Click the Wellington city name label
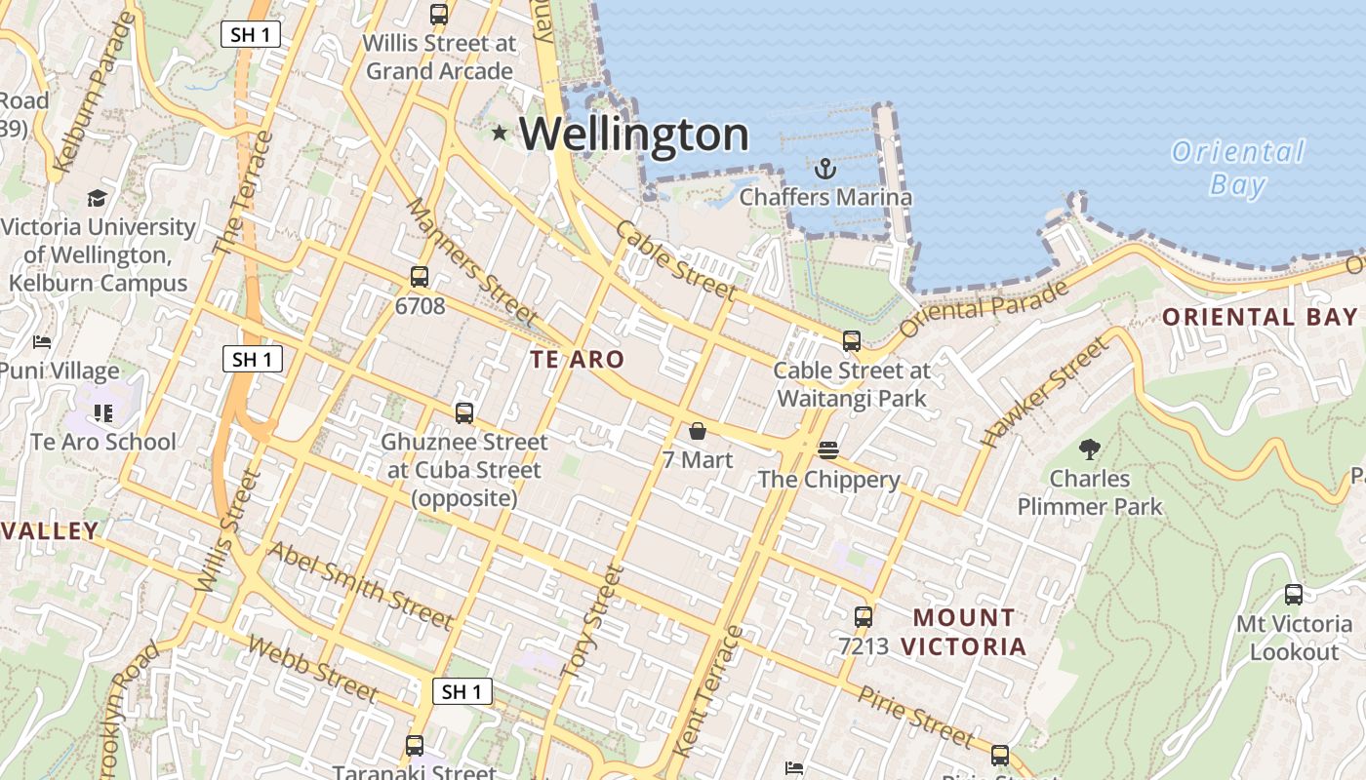tap(634, 135)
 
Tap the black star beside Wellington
tap(500, 133)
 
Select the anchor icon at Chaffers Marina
tap(825, 169)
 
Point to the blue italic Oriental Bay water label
tap(1237, 168)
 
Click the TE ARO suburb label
tap(577, 359)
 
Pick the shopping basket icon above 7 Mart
tap(698, 431)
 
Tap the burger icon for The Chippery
tap(828, 449)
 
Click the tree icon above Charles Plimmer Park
tap(1090, 449)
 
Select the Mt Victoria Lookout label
tap(1294, 638)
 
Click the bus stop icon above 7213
tap(863, 616)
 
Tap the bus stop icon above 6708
tap(420, 277)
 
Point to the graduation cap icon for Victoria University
tap(97, 199)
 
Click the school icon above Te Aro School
tap(103, 413)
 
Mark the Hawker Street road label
tap(1045, 392)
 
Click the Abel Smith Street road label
tap(360, 585)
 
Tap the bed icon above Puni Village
tap(42, 342)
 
